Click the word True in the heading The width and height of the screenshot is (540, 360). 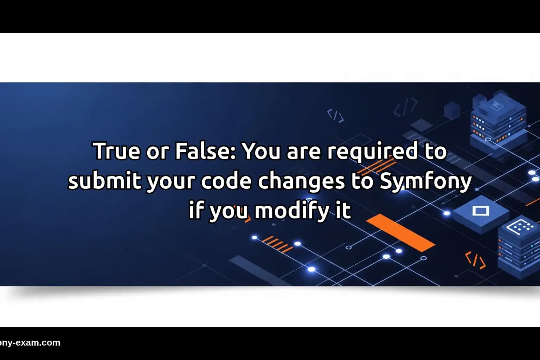[x=114, y=151]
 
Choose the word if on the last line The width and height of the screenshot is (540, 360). [x=196, y=210]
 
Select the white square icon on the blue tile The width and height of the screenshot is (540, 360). [x=481, y=211]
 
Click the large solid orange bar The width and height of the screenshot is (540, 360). [x=401, y=233]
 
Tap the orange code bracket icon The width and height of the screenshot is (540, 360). [x=475, y=261]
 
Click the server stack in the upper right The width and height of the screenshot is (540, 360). [x=499, y=121]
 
